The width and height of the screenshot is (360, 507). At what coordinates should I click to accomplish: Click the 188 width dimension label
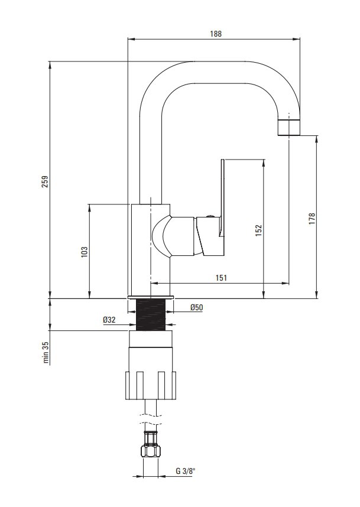click(x=216, y=34)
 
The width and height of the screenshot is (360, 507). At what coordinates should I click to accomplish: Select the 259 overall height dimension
click(x=46, y=181)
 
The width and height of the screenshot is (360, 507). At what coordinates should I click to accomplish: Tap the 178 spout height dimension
click(x=312, y=219)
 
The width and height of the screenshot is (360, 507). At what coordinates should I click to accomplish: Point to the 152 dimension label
click(x=258, y=230)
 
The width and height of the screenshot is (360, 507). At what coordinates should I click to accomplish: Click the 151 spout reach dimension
click(x=221, y=278)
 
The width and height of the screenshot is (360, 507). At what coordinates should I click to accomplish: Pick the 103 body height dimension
click(x=85, y=252)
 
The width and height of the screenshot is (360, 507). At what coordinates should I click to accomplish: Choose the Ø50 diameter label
click(x=197, y=307)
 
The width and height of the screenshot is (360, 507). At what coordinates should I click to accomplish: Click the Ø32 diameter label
click(x=109, y=320)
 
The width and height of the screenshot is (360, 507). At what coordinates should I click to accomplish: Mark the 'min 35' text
click(x=46, y=352)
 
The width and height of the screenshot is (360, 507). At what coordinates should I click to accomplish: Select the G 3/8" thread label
click(x=186, y=471)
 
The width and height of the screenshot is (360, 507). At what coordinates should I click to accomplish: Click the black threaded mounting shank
click(x=151, y=314)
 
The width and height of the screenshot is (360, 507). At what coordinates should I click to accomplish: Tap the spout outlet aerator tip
click(x=289, y=128)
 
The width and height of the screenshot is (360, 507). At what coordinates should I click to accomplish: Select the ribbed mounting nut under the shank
click(x=151, y=385)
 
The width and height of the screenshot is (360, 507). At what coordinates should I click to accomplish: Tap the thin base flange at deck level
click(x=151, y=297)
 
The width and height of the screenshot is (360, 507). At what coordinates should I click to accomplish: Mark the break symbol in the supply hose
click(x=151, y=420)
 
